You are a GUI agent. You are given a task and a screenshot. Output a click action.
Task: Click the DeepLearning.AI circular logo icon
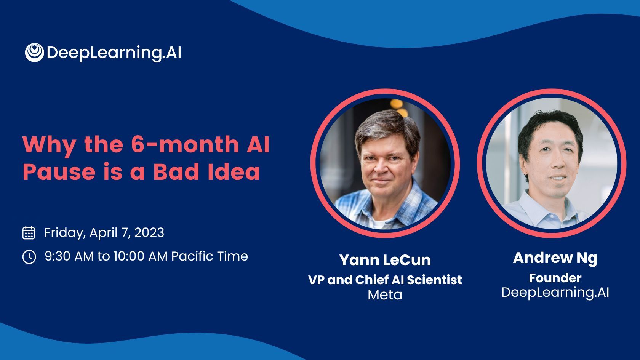coord(34,53)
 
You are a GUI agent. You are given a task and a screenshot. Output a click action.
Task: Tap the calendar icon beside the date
coord(29,232)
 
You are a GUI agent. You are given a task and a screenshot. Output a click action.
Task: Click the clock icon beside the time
coord(29,257)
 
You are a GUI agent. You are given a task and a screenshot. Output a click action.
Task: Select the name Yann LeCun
coord(385,260)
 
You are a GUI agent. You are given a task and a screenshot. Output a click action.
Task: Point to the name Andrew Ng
coord(555,258)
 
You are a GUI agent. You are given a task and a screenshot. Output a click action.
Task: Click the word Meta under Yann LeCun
coord(385,294)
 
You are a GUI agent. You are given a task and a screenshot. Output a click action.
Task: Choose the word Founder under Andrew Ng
coord(555,278)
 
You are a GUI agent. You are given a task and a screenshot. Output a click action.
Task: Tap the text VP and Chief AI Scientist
coord(385,280)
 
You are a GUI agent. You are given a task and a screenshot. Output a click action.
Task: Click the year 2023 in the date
coord(149,232)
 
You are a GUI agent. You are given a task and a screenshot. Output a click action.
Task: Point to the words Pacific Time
coord(210,256)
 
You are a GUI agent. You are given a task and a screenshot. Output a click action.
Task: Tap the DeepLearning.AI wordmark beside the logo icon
coord(114,53)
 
